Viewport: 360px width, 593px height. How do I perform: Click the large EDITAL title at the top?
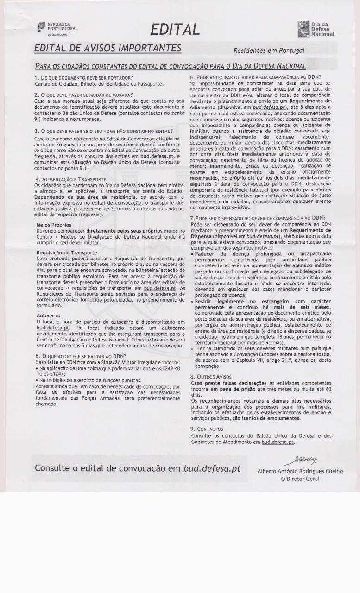pyautogui.click(x=175, y=30)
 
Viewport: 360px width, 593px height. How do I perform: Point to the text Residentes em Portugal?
pyautogui.click(x=269, y=50)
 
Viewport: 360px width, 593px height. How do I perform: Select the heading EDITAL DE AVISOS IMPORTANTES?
pyautogui.click(x=108, y=48)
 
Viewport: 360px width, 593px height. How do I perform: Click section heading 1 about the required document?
pyautogui.click(x=84, y=77)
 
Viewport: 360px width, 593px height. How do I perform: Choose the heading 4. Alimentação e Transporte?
pyautogui.click(x=70, y=179)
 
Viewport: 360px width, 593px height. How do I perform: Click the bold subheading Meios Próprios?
pyautogui.click(x=54, y=224)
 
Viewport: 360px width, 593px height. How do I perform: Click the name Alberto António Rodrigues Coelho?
pyautogui.click(x=300, y=471)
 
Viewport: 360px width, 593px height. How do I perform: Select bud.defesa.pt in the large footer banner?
pyautogui.click(x=212, y=468)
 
